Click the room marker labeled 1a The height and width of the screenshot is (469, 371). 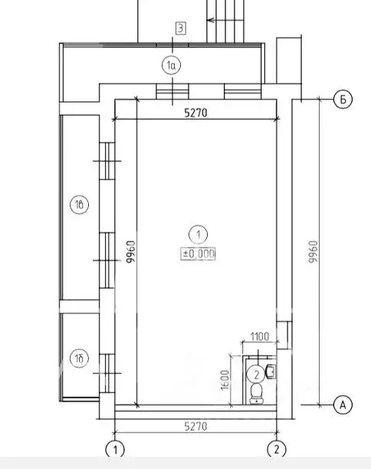coord(172,65)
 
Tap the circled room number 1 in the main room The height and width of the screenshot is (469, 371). coord(198,235)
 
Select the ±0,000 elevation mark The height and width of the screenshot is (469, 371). coord(198,254)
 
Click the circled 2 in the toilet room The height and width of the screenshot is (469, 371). coord(256,375)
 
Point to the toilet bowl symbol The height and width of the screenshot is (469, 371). coord(257,393)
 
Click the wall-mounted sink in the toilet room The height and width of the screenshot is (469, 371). coord(271,372)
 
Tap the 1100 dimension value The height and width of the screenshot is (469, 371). coord(260,336)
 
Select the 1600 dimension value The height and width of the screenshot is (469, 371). coord(225,380)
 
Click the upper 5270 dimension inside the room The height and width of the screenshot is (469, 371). coord(195,113)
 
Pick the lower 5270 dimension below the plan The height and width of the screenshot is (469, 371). coord(195,426)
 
